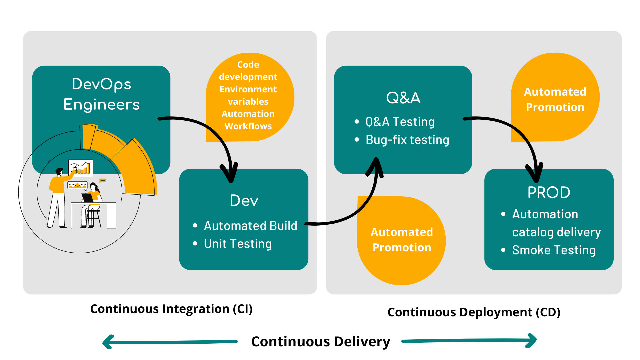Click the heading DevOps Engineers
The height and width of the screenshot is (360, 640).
pyautogui.click(x=101, y=94)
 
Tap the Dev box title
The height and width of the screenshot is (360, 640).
pyautogui.click(x=244, y=201)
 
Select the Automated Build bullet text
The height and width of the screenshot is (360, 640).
pyautogui.click(x=250, y=226)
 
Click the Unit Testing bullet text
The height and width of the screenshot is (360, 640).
pyautogui.click(x=238, y=244)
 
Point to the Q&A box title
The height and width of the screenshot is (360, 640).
pyautogui.click(x=403, y=98)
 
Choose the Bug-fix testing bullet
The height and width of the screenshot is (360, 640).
pyautogui.click(x=407, y=140)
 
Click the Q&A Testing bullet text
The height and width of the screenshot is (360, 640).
pyautogui.click(x=400, y=122)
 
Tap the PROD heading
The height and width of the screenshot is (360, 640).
pyautogui.click(x=549, y=192)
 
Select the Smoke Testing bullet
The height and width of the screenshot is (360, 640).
pyautogui.click(x=554, y=250)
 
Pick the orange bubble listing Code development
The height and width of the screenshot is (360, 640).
pyautogui.click(x=248, y=97)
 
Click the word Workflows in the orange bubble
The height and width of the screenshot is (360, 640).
pyautogui.click(x=248, y=126)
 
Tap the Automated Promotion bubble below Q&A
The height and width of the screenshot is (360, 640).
pyautogui.click(x=402, y=240)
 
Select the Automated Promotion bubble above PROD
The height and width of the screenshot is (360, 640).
pyautogui.click(x=555, y=99)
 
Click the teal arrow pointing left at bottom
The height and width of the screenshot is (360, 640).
pyautogui.click(x=170, y=342)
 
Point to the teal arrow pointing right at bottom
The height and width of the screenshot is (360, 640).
pyautogui.click(x=469, y=340)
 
